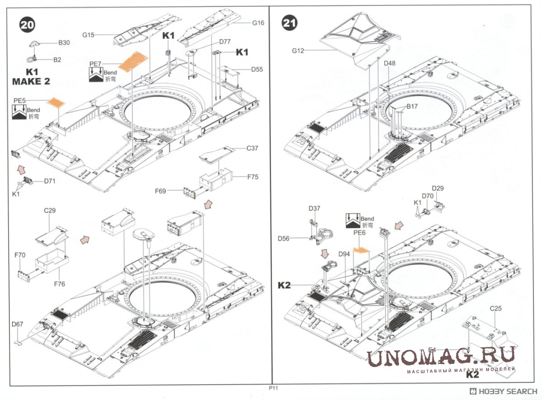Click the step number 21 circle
[290, 23]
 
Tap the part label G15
[88, 35]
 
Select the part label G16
[258, 23]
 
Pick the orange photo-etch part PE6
[360, 249]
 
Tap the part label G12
[298, 50]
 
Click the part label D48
[389, 63]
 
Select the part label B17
[412, 107]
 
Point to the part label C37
[252, 148]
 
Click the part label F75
[252, 177]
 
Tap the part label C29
[50, 210]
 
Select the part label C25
[496, 308]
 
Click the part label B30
[64, 42]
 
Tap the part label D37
[314, 208]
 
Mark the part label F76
[59, 284]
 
